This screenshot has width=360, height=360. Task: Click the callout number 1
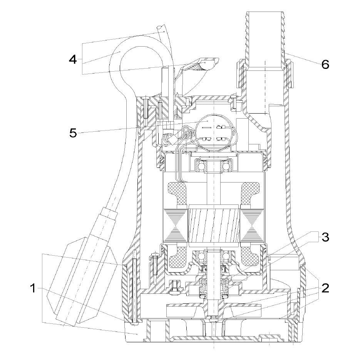33,288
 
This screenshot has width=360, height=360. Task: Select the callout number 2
325,288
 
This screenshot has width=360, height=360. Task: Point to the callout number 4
73,59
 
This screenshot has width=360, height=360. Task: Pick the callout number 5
73,133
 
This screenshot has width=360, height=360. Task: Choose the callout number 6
325,64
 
